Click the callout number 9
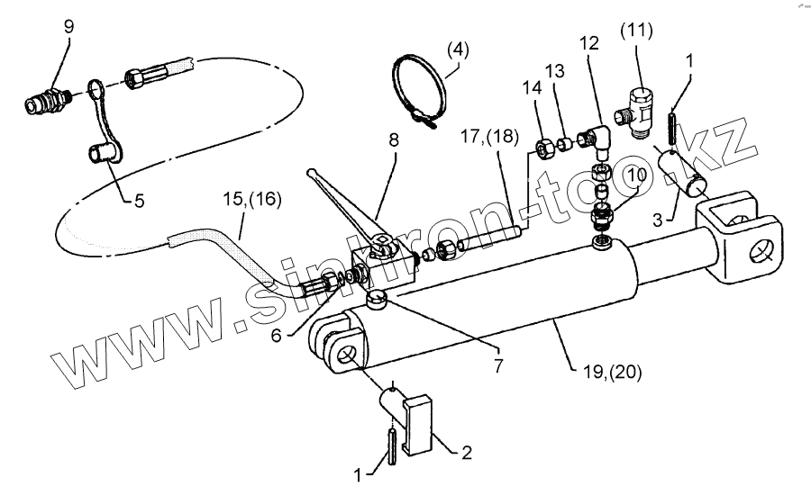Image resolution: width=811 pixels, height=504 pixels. tap(68, 27)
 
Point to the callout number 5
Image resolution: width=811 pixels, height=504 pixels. tap(139, 202)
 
